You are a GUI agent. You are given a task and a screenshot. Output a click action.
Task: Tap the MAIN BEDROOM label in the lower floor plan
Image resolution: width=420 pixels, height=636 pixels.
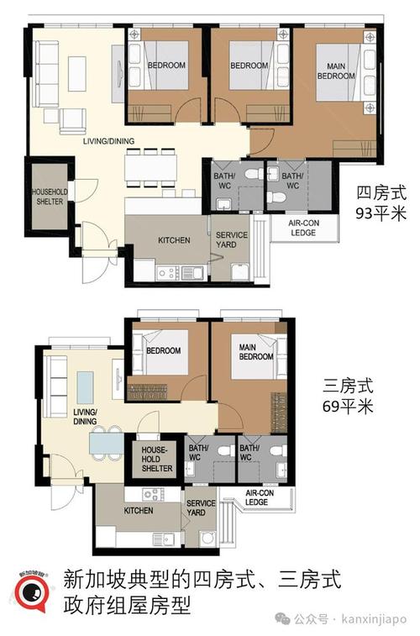tap(255, 351)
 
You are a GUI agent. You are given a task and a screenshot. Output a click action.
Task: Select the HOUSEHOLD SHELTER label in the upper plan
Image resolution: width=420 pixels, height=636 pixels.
tap(49, 197)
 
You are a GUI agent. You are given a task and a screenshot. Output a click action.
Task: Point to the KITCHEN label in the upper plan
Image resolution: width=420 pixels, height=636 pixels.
tap(173, 239)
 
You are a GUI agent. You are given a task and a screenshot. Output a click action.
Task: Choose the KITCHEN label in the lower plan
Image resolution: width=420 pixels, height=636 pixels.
tap(138, 510)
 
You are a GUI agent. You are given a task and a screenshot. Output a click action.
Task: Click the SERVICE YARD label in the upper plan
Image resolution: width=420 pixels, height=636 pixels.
tap(231, 239)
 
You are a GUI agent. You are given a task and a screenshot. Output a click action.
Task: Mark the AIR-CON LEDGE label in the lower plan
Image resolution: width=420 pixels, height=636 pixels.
tap(256, 498)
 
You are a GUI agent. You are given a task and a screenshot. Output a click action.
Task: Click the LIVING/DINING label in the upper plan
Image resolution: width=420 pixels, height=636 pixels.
tap(109, 141)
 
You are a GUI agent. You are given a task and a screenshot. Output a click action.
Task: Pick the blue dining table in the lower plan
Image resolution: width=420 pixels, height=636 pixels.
tap(104, 440)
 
